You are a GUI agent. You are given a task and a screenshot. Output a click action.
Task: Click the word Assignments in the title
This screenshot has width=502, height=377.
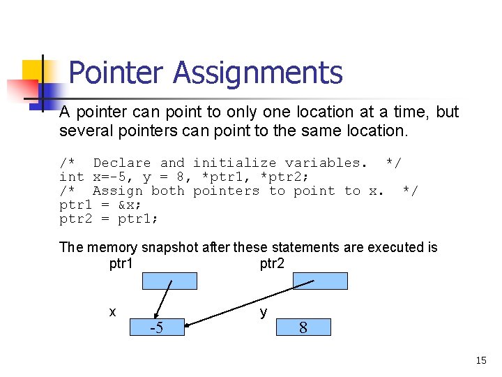pyautogui.click(x=258, y=73)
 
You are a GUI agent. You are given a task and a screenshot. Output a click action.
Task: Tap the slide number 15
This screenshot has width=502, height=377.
pyautogui.click(x=480, y=360)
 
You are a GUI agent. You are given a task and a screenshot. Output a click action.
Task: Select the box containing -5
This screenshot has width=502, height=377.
pyautogui.click(x=157, y=327)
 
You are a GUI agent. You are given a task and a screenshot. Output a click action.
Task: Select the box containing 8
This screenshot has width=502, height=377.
pyautogui.click(x=303, y=327)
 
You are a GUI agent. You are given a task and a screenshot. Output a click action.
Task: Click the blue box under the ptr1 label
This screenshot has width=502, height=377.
pyautogui.click(x=169, y=281)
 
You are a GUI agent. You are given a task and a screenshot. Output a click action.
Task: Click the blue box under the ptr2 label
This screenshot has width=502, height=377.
pyautogui.click(x=320, y=281)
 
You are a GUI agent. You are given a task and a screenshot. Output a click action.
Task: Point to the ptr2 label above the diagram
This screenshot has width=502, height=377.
pyautogui.click(x=272, y=263)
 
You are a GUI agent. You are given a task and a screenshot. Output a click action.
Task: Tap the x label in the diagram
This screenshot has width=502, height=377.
pyautogui.click(x=112, y=311)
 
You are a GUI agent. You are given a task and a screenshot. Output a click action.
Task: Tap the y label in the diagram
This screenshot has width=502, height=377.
pyautogui.click(x=263, y=311)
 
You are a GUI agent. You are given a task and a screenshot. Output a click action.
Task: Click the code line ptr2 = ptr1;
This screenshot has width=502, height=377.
pyautogui.click(x=109, y=219)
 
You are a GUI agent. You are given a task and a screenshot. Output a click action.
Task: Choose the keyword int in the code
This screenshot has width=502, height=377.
pyautogui.click(x=72, y=177)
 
